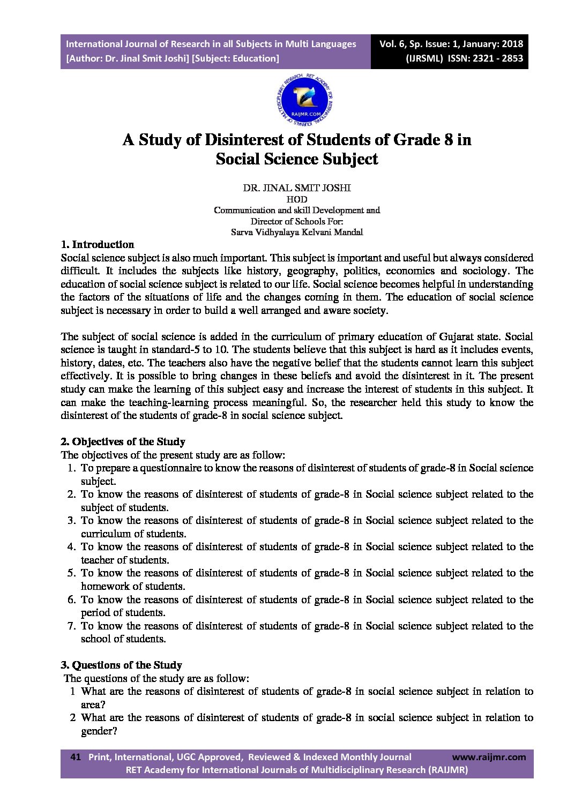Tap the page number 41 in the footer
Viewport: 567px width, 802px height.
(76, 756)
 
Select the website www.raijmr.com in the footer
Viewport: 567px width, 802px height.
(489, 756)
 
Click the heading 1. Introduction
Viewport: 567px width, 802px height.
(98, 245)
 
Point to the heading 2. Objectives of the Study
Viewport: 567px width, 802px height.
(123, 442)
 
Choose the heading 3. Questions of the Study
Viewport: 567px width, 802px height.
(121, 665)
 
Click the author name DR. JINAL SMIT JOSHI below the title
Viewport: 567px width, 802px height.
(297, 188)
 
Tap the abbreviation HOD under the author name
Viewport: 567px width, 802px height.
(297, 199)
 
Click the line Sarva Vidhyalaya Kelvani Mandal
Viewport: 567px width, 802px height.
(297, 232)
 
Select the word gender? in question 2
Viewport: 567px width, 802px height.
(99, 731)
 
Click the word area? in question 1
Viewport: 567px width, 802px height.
(93, 705)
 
